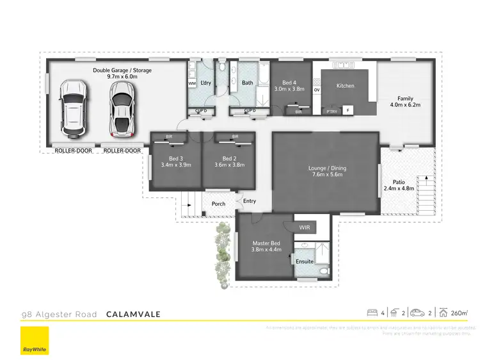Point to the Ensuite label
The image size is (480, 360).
pos(305,261)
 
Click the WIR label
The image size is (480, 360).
pos(305,227)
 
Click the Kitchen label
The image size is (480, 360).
pos(346,86)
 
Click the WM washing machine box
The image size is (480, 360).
pos(192,84)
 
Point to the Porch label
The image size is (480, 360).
pos(218,204)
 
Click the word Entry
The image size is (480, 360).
pos(250,201)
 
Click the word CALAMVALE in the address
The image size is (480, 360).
pos(133,314)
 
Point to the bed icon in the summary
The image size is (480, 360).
pos(371,313)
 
